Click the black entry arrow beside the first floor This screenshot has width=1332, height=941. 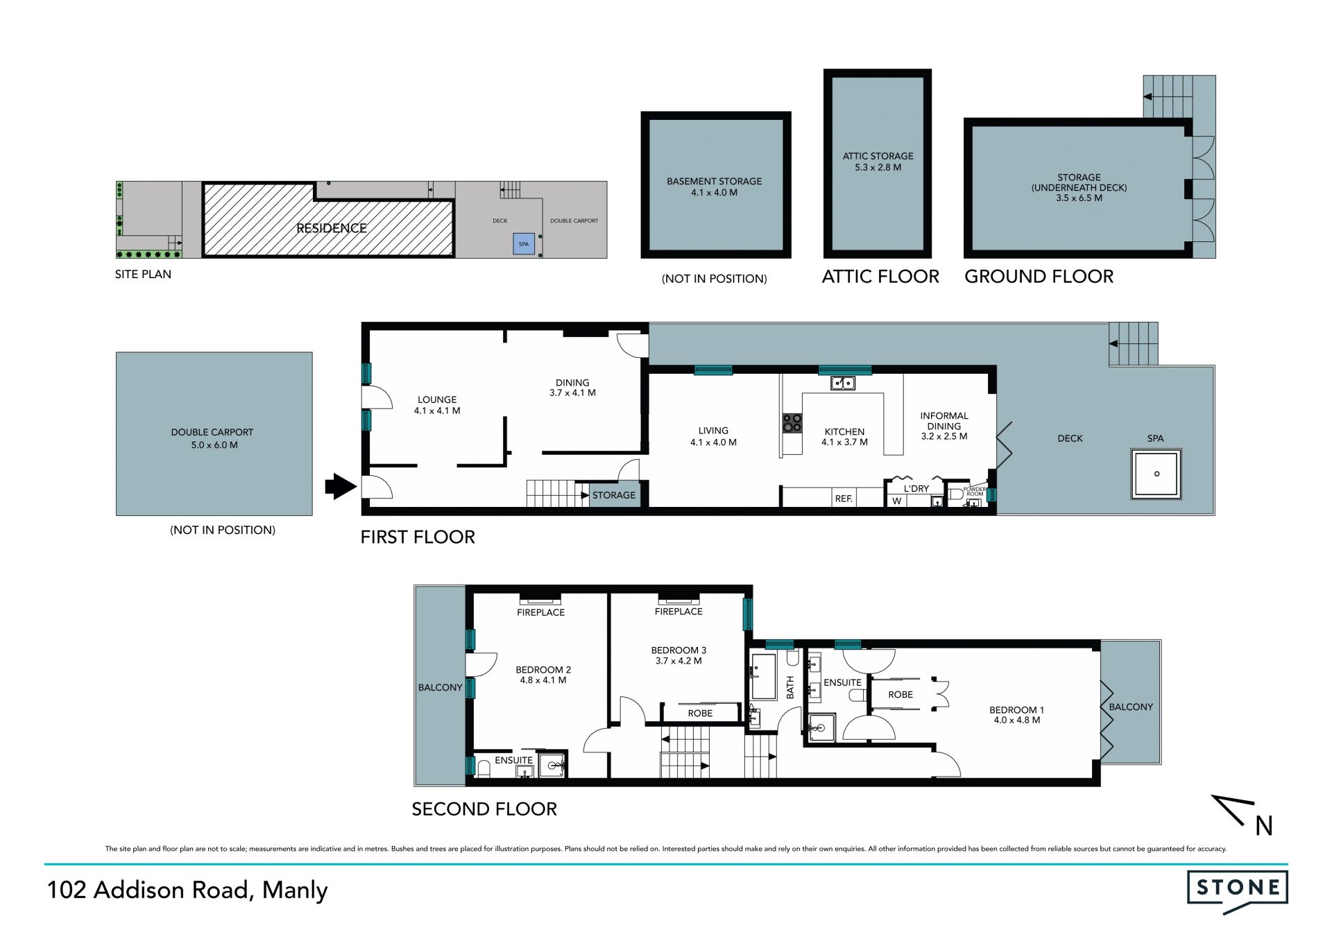(x=341, y=486)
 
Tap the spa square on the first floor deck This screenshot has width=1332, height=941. (x=1156, y=474)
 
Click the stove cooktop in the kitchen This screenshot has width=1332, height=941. (x=792, y=423)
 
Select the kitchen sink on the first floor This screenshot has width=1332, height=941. (x=843, y=383)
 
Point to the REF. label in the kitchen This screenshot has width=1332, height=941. (x=844, y=499)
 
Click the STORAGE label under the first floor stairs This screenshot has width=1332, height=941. (x=613, y=495)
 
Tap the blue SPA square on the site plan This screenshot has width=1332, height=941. (x=524, y=244)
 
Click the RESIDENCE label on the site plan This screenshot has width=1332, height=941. (x=332, y=228)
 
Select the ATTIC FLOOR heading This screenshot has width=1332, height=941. (x=880, y=277)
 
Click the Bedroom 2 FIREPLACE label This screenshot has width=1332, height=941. (x=540, y=612)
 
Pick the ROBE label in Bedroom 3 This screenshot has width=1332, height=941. (x=700, y=713)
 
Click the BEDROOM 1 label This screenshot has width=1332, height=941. (x=1016, y=710)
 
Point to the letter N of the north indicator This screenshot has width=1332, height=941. (x=1264, y=826)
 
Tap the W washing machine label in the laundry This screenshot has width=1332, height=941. (x=897, y=501)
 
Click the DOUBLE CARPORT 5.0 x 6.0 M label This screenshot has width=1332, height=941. (x=212, y=438)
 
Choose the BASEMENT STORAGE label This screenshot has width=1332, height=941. (x=714, y=187)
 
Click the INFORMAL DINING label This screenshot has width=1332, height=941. (x=943, y=421)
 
